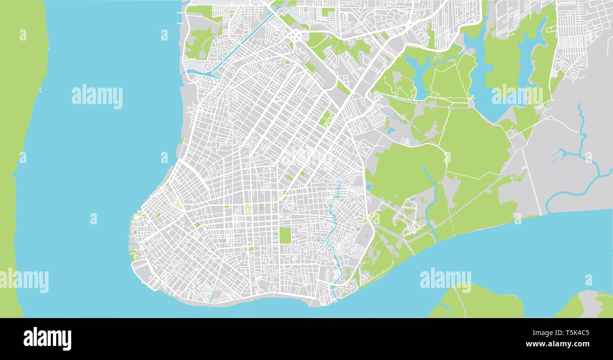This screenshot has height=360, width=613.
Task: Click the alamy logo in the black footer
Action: point(47,338)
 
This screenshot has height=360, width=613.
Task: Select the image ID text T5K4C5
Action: point(572,333)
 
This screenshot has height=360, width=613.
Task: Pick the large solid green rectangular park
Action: point(285,235)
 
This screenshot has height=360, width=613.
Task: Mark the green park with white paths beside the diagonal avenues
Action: point(326,119)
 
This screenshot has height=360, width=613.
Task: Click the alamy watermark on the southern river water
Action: point(445,279)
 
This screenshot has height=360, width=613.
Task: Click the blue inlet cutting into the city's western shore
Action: point(200,73)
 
